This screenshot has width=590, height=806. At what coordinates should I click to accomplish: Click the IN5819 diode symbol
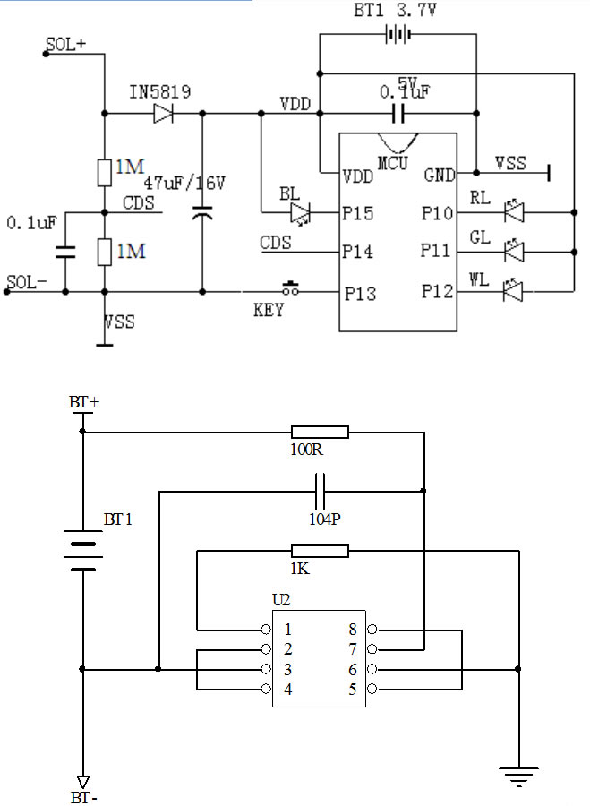point(163,113)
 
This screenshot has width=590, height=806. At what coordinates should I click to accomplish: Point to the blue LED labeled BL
point(300,213)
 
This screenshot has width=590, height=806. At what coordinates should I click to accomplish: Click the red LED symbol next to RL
point(513,212)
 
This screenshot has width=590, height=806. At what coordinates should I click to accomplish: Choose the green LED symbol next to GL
point(513,252)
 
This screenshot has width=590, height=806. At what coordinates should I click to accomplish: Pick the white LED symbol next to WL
point(513,290)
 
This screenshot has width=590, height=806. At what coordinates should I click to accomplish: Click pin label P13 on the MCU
point(358,293)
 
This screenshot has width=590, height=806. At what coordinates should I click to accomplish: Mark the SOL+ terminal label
point(64,44)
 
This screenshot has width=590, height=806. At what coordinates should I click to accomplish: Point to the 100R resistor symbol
point(320,432)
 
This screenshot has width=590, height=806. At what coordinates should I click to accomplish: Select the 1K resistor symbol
point(320,551)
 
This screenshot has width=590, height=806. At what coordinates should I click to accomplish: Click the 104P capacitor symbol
point(320,491)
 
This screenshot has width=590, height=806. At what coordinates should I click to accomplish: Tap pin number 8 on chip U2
point(353,630)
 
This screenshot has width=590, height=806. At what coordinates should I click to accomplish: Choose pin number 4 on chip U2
point(287,689)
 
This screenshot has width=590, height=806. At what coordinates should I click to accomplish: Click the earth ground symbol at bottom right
point(518,776)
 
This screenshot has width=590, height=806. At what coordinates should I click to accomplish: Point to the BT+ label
point(83,403)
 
